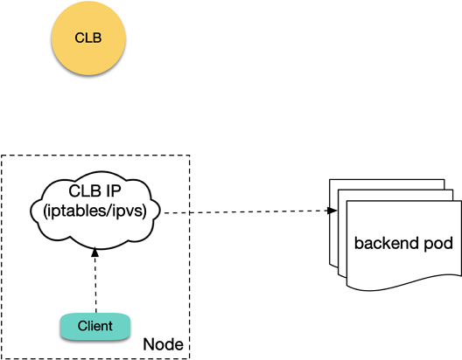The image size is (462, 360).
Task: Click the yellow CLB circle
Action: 88,38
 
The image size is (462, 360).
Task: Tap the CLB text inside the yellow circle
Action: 88,38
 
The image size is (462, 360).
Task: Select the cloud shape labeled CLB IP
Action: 94,210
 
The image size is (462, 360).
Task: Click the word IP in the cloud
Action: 115,191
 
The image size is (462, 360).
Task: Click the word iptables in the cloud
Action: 76,211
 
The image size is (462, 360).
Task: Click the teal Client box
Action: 95,327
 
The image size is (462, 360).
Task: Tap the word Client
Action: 95,326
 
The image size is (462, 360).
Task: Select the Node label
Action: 163,344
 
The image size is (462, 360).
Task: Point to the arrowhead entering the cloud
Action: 94,253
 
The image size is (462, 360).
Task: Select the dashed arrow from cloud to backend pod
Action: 250,211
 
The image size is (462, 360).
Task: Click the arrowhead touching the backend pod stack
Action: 333,211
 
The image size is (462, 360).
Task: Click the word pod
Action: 438,244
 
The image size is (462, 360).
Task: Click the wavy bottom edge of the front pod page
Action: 404,282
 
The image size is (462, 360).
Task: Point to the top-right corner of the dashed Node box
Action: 190,156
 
